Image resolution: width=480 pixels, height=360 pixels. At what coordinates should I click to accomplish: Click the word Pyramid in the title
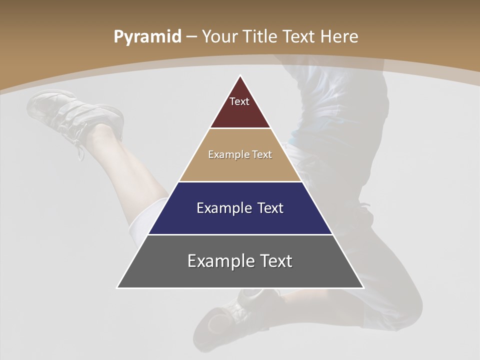tap(147, 36)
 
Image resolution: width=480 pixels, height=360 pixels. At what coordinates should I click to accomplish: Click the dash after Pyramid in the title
tap(191, 37)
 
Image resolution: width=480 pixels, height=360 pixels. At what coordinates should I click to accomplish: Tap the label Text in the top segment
tap(239, 101)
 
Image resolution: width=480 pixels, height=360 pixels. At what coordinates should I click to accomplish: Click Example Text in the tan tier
tap(240, 154)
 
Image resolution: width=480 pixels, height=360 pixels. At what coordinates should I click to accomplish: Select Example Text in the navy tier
tap(240, 208)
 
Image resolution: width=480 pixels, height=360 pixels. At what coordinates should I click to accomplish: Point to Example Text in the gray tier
tap(240, 261)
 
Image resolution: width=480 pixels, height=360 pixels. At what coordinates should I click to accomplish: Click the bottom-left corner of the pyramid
tap(118, 287)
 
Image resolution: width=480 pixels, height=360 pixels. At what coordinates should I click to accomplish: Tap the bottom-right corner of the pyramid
tap(363, 287)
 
